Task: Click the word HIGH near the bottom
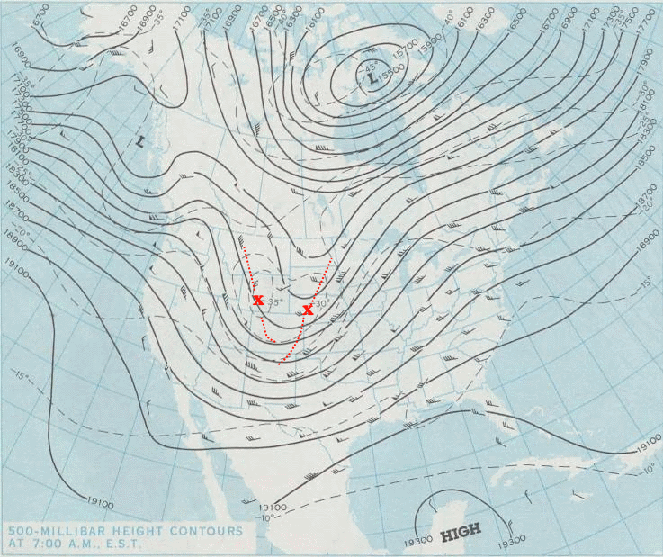click(x=461, y=529)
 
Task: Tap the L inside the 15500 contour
click(x=372, y=79)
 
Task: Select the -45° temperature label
click(x=369, y=67)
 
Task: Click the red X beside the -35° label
click(x=258, y=300)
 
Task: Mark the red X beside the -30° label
click(x=308, y=310)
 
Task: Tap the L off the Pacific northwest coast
click(x=140, y=140)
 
